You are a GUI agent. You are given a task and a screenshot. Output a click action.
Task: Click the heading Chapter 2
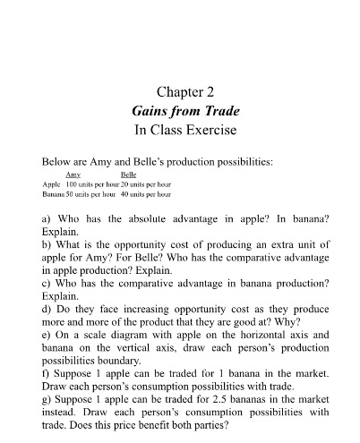[x=180, y=90]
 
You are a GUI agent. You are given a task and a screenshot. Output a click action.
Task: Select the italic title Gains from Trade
[x=180, y=110]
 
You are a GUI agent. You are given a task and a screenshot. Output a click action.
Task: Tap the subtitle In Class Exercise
[x=180, y=130]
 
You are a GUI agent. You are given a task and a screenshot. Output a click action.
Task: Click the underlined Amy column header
[x=74, y=175]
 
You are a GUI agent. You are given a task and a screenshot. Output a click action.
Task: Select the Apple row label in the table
[x=52, y=183]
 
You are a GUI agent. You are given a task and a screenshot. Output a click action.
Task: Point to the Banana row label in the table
[x=54, y=193]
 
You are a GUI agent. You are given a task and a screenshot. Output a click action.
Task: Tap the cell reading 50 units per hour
[x=91, y=193]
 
